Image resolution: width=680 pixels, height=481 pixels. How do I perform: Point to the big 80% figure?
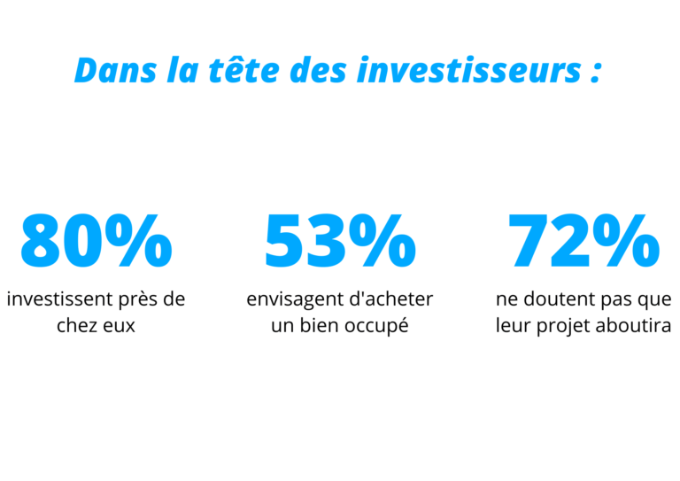click(96, 240)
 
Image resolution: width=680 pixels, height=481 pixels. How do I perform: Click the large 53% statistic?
click(340, 240)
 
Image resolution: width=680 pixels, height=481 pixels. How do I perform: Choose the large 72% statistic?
click(583, 240)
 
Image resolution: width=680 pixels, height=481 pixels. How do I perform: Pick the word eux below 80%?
click(119, 325)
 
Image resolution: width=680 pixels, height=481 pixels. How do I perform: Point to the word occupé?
click(375, 325)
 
